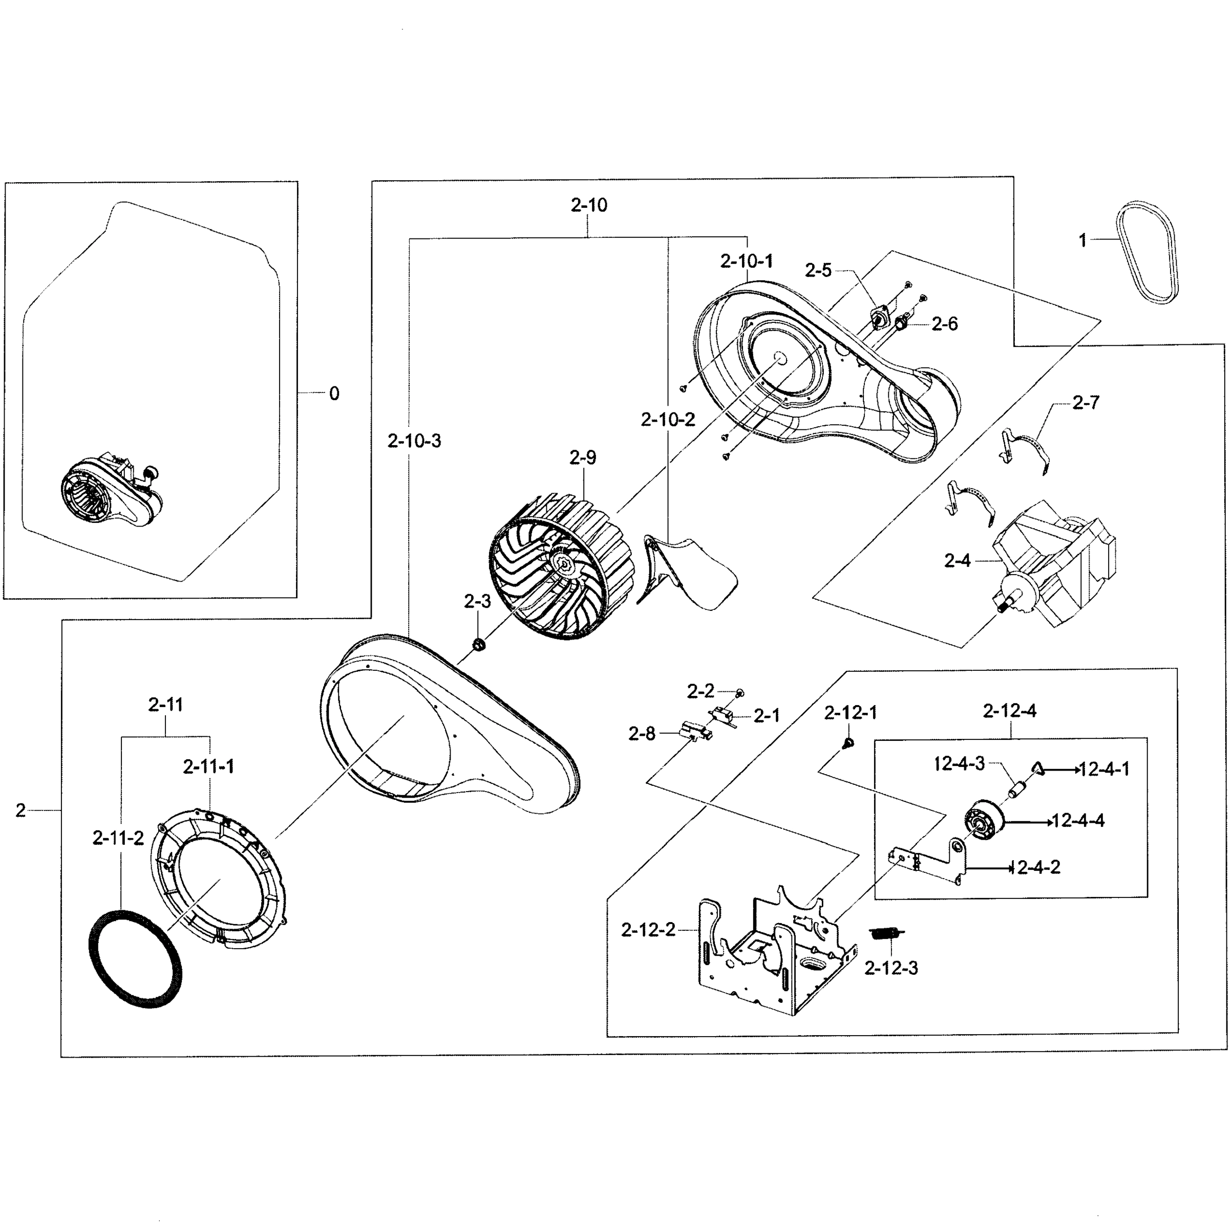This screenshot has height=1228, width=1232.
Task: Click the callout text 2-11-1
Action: click(x=208, y=766)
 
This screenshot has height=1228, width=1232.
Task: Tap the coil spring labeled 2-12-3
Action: click(x=886, y=933)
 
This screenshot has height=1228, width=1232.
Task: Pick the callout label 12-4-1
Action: click(x=1104, y=769)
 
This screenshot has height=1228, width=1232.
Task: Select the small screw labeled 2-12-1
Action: click(x=847, y=742)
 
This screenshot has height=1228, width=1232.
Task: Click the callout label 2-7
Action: click(x=1086, y=403)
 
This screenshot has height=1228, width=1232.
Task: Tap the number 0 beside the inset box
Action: click(x=334, y=394)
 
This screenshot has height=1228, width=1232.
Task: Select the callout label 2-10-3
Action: click(x=414, y=441)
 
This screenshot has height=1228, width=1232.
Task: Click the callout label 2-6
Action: click(x=944, y=324)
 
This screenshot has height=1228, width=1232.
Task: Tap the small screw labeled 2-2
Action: click(x=740, y=692)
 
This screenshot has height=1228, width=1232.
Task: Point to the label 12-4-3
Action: click(x=959, y=763)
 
